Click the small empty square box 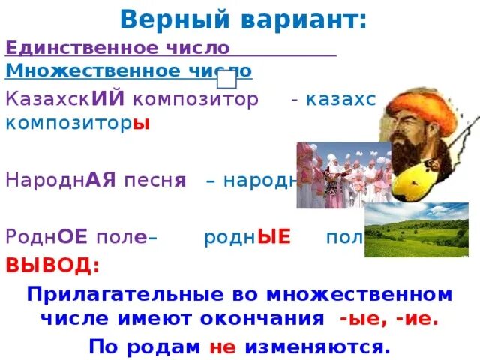pos(226,76)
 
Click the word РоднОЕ pos(47,238)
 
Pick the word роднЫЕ pos(247,238)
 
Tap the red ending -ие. pos(417,319)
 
